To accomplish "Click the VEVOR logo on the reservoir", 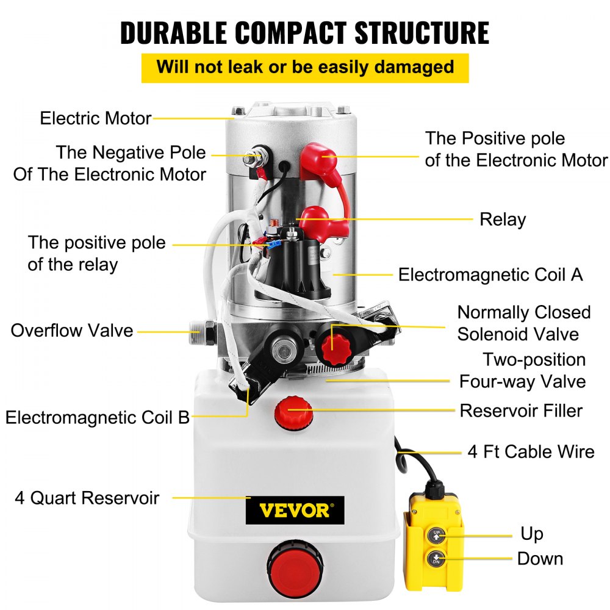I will point(295,510).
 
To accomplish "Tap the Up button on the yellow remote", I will point(436,536).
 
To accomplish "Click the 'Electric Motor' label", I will point(95,118).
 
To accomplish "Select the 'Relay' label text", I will point(503,219).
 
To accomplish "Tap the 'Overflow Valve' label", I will point(72,331).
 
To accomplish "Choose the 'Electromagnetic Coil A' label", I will point(490,274).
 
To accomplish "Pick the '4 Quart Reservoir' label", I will point(87,498).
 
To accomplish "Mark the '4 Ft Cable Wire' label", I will point(531,451).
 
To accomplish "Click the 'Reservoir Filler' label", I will point(521,411).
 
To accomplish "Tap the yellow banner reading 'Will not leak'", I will point(305,66).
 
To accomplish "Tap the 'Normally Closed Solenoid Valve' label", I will point(523,323).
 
